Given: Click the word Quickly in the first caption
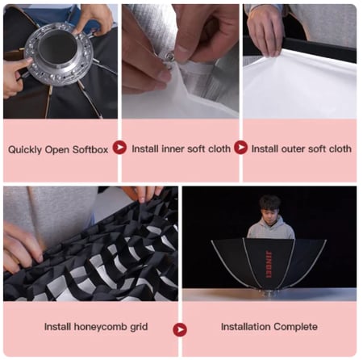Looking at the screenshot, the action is (x=25, y=149).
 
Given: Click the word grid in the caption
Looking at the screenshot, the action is (x=139, y=327).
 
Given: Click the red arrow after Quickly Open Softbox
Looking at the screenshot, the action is (x=119, y=147).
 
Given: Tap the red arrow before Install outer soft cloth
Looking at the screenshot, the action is (x=240, y=147).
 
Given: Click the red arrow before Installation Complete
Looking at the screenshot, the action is (x=180, y=329).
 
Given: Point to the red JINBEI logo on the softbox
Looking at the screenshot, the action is (x=269, y=265).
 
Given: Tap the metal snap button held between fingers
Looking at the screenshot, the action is (x=169, y=57).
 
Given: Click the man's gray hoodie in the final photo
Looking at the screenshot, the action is (x=271, y=228).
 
